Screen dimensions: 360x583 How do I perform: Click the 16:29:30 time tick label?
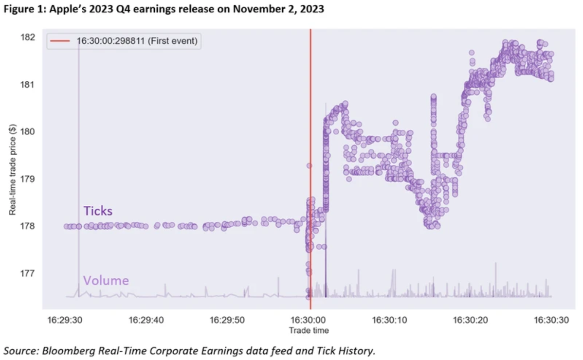(x=65, y=320)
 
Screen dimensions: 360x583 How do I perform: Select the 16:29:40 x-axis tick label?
(x=146, y=320)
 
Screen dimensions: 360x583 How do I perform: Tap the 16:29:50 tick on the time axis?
(x=227, y=320)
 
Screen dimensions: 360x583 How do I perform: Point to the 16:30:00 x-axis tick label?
(x=309, y=320)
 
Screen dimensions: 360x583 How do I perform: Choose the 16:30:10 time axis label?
(x=389, y=320)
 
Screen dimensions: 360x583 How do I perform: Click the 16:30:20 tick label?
(x=471, y=320)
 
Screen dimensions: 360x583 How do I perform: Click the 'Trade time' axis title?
(x=309, y=331)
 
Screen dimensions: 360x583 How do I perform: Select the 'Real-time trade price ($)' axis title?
(x=13, y=169)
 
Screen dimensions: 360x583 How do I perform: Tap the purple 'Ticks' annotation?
(x=98, y=211)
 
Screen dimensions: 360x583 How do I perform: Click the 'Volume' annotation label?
(x=106, y=281)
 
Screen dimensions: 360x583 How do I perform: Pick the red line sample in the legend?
(x=60, y=41)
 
